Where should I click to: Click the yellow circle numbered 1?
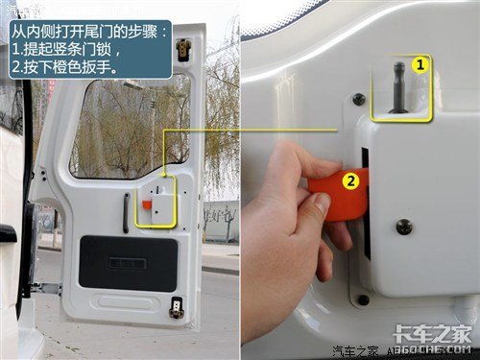coord(420,65)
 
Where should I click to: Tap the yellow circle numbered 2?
coord(351,181)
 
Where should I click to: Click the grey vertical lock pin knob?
coord(399,87)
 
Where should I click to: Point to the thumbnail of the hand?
coord(322,204)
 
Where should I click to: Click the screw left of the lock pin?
coord(359,100)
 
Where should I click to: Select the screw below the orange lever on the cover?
coord(404,227)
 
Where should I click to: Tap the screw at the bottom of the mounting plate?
coord(363,300)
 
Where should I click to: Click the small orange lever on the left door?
coord(146,204)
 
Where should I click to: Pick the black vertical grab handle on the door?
coord(126,213)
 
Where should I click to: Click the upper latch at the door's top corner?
coord(182,49)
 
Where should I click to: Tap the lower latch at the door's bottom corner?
coord(176,308)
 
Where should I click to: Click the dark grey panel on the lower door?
coord(128,264)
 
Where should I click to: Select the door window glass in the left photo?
coord(130,128)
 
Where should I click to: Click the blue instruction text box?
coord(90,50)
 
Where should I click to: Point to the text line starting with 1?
coord(66,50)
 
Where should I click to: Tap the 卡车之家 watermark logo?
coord(432,335)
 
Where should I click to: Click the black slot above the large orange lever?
coord(365,157)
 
